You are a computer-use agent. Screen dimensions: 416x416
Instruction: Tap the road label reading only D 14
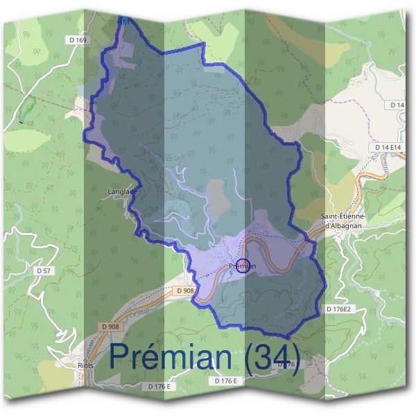click(397, 105)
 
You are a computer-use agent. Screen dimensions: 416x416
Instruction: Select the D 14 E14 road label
click(389, 148)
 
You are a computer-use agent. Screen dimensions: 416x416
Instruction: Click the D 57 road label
click(43, 270)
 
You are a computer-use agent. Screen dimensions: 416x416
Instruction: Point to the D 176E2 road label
click(339, 309)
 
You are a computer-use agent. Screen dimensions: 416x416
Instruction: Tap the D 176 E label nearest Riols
click(159, 385)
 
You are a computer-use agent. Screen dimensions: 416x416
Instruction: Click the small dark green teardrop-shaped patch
click(28, 110)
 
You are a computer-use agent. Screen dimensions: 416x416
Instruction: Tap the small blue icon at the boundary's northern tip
click(124, 21)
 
